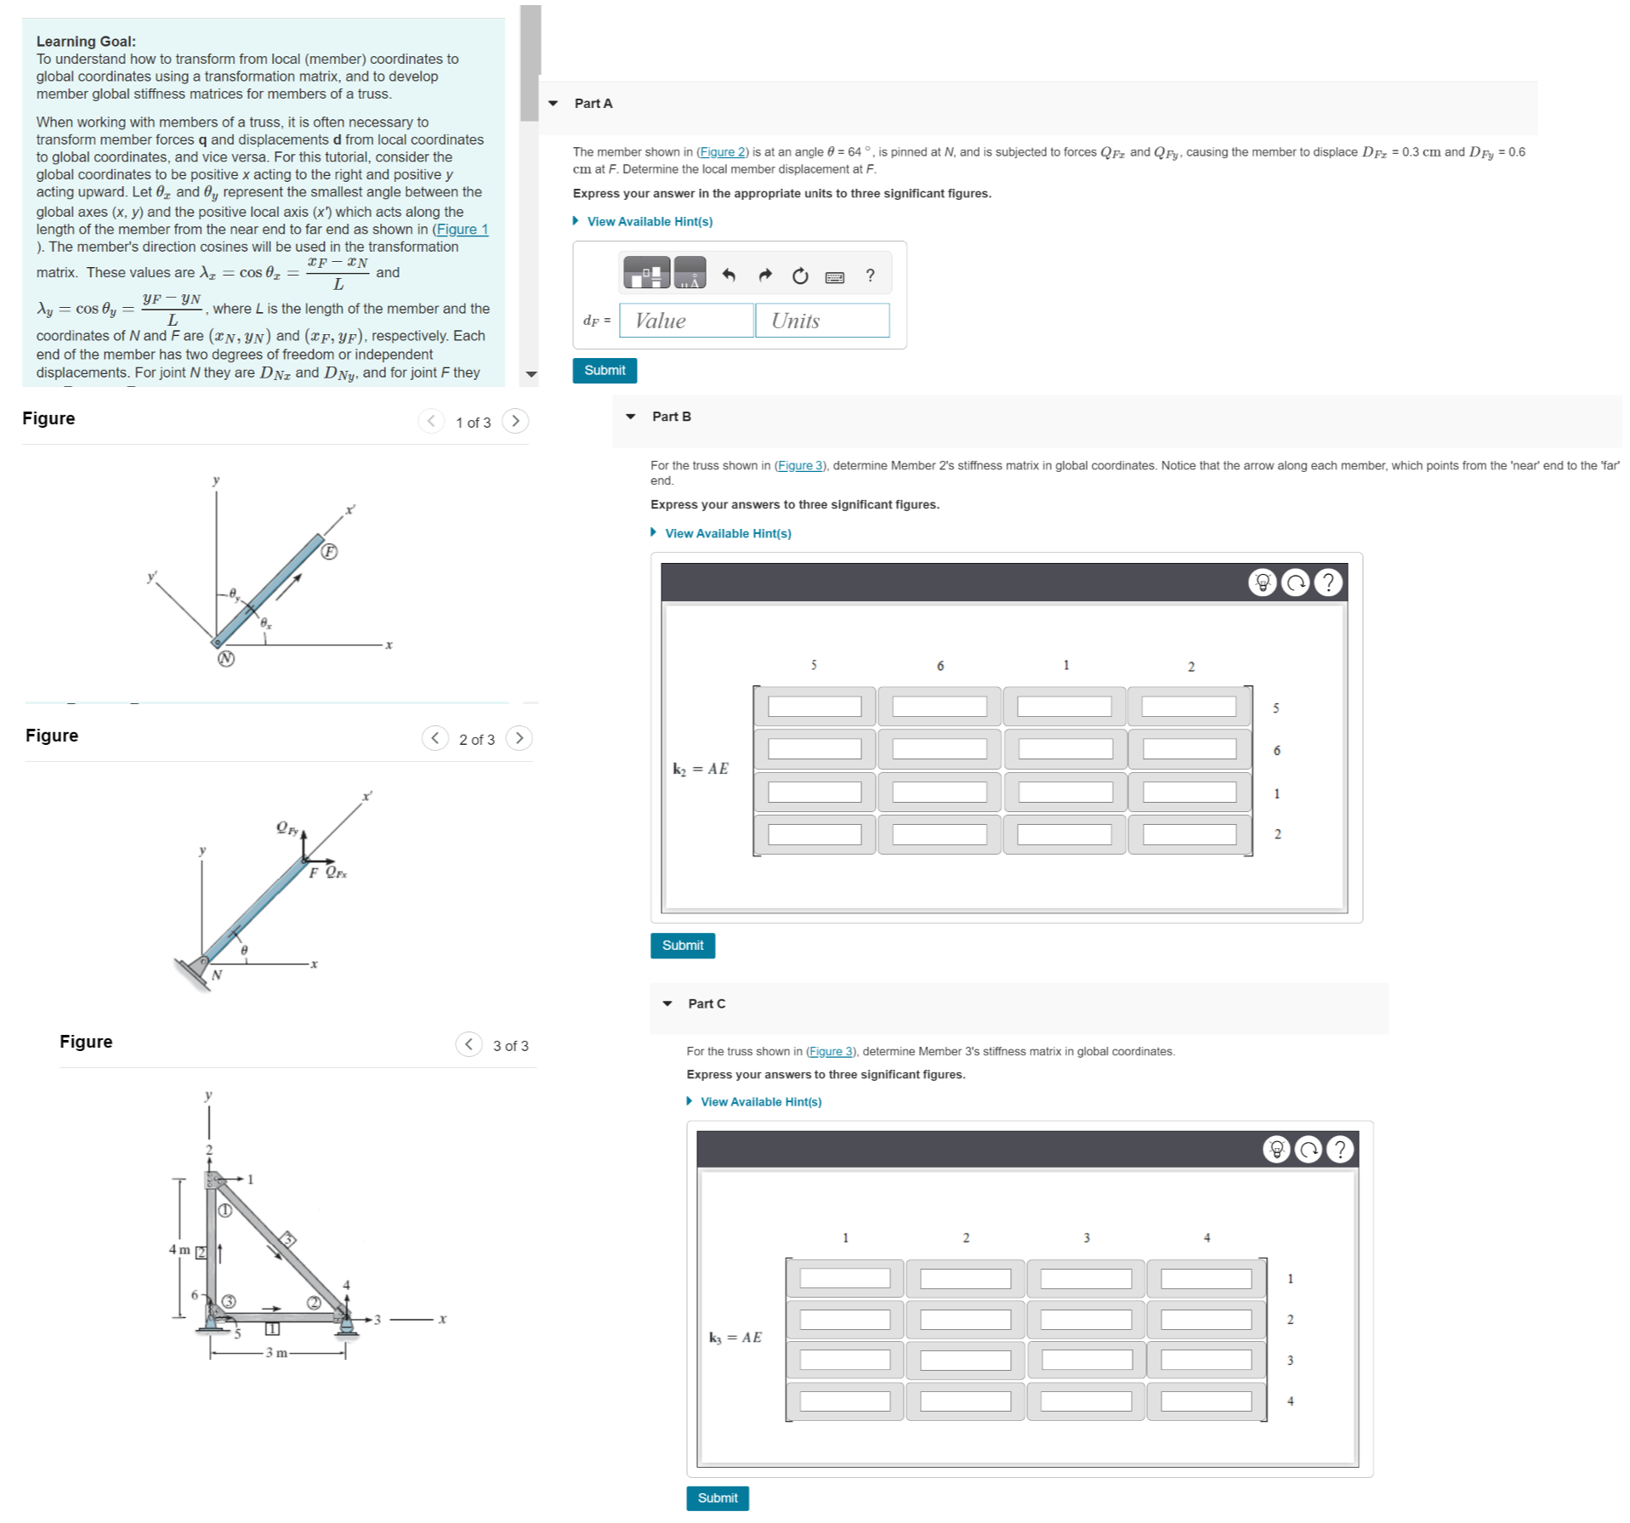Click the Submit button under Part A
pos(604,371)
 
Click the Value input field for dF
pos(685,321)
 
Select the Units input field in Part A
pos(821,321)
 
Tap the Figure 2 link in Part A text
pos(721,152)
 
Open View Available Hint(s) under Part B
pos(727,533)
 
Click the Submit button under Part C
pos(717,1497)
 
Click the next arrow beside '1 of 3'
pos(514,422)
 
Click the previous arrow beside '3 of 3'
pos(469,1044)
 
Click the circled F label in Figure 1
pos(329,552)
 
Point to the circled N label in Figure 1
pos(225,658)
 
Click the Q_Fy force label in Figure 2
pos(287,827)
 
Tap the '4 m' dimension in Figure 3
pos(179,1249)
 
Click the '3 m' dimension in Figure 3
pos(276,1352)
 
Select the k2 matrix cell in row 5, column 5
pos(814,707)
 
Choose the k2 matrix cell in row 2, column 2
pos(1189,834)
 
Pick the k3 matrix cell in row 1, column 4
pos(1206,1278)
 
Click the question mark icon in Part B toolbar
pos(1327,582)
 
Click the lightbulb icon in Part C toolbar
pos(1275,1150)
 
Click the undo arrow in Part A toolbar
pos(729,275)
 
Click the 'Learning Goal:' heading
pos(86,41)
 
